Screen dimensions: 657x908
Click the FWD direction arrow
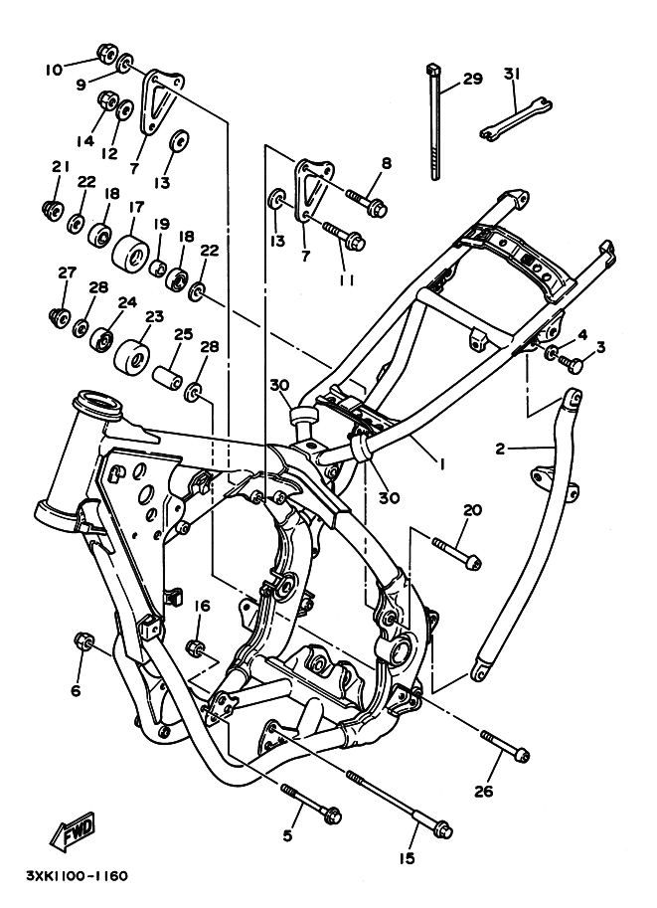tap(73, 833)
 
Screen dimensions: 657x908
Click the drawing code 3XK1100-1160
tap(77, 875)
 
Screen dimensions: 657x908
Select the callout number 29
tap(473, 79)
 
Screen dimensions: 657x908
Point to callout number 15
tap(407, 857)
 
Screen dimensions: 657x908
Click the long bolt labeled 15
tap(399, 804)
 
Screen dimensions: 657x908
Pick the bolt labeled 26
tap(504, 745)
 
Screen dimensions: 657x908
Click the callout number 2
tap(501, 449)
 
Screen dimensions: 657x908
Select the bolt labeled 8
tap(367, 202)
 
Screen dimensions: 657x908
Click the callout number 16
tap(202, 607)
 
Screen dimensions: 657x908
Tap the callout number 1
tap(441, 463)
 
